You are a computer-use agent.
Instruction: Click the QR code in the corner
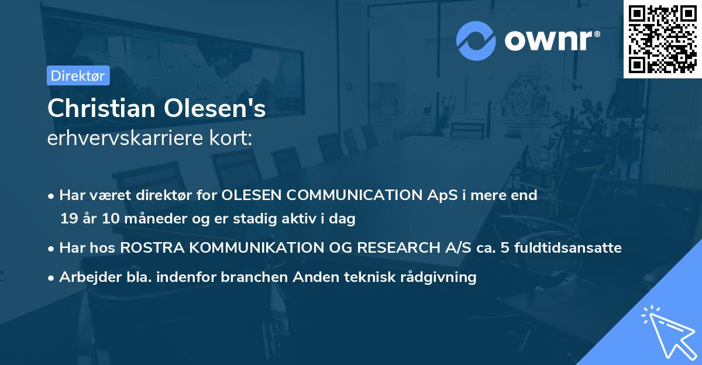(x=662, y=39)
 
